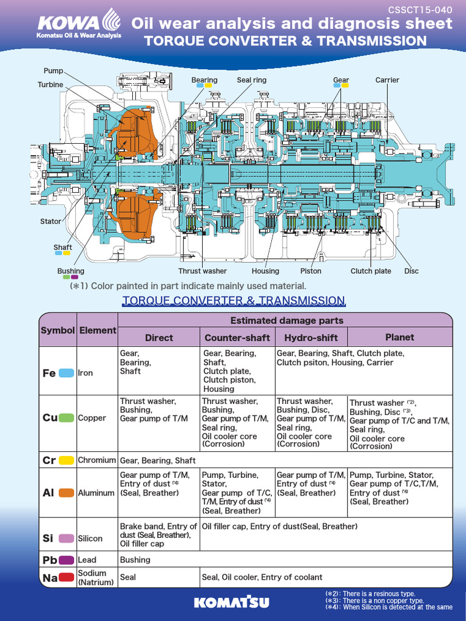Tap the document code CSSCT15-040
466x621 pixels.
pos(428,10)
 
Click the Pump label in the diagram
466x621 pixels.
pos(53,71)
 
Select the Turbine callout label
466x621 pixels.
pos(50,84)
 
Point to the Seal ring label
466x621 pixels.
pos(251,80)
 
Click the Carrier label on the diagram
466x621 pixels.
pos(387,80)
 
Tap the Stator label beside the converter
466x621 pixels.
pos(50,221)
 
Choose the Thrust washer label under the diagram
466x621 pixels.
pos(202,271)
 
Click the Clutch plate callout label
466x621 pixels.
pos(371,271)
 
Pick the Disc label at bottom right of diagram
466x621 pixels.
pos(411,271)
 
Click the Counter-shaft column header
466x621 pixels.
pos(237,338)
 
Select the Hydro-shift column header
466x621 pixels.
pos(311,338)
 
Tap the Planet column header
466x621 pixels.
pos(399,337)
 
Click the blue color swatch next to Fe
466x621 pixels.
pos(67,373)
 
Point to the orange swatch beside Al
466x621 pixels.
pos(67,493)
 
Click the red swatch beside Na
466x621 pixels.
pos(67,578)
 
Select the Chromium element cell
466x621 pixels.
pos(96,460)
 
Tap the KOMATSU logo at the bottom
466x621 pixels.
pos(233,602)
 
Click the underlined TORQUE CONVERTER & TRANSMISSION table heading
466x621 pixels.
pos(234,301)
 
